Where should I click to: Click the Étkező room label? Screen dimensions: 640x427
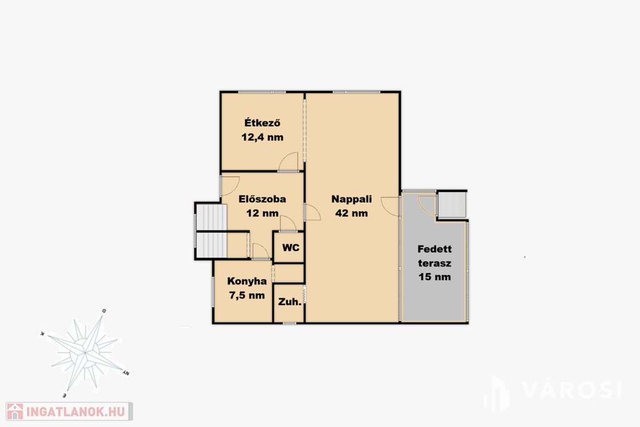pyautogui.click(x=262, y=123)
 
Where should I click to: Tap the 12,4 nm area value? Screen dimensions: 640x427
pyautogui.click(x=262, y=137)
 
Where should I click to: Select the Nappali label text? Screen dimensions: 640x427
pyautogui.click(x=351, y=199)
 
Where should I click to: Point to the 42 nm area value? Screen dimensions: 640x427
pyautogui.click(x=351, y=213)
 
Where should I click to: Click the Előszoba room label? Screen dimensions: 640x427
pyautogui.click(x=262, y=199)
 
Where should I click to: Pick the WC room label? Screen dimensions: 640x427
pyautogui.click(x=291, y=248)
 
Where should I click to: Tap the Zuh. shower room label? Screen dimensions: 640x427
pyautogui.click(x=290, y=302)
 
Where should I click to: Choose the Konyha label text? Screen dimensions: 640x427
pyautogui.click(x=247, y=281)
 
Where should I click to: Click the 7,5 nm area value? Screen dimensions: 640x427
pyautogui.click(x=247, y=295)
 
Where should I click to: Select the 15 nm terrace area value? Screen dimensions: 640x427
pyautogui.click(x=435, y=277)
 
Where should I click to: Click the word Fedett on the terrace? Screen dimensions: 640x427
pyautogui.click(x=435, y=249)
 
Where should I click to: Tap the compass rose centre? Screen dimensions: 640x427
pyautogui.click(x=85, y=352)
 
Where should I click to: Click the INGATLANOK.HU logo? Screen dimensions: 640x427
pyautogui.click(x=69, y=411)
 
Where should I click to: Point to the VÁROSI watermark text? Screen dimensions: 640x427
pyautogui.click(x=572, y=390)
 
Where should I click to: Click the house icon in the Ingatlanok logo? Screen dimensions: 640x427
pyautogui.click(x=15, y=411)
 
